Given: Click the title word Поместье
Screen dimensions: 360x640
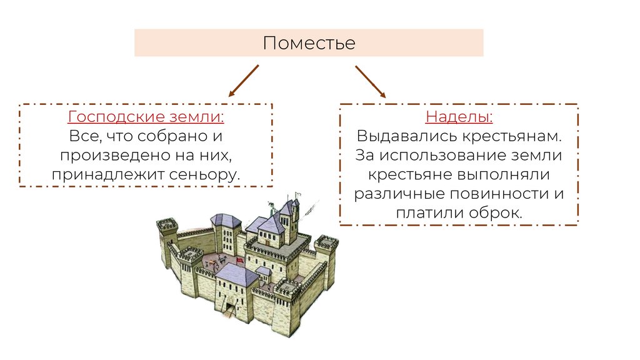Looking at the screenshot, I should pyautogui.click(x=309, y=43).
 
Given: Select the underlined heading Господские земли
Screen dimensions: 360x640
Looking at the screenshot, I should pyautogui.click(x=146, y=117).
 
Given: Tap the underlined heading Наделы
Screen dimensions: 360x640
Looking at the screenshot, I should pyautogui.click(x=459, y=117).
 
